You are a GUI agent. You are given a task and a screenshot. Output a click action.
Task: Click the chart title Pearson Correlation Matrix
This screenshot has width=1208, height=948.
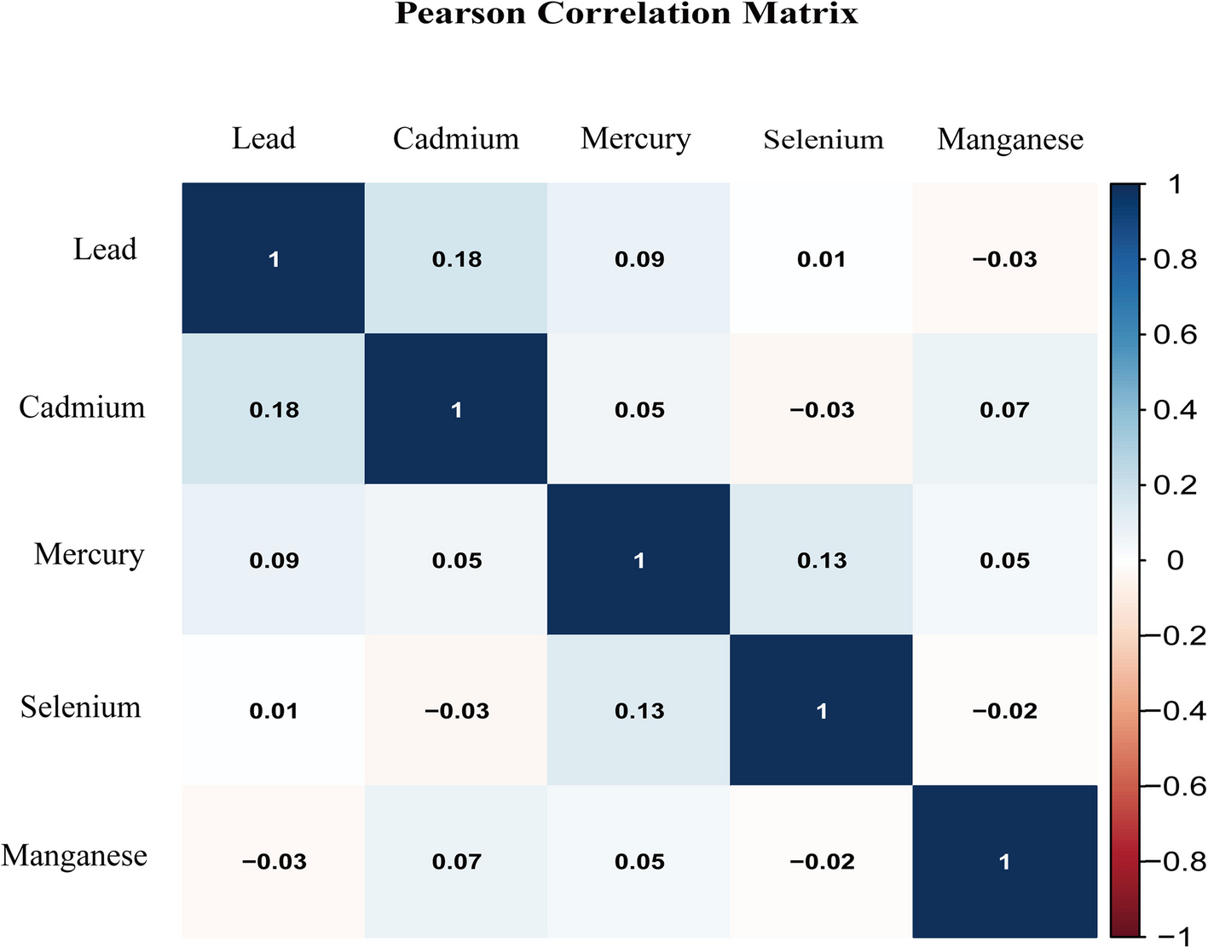pos(626,14)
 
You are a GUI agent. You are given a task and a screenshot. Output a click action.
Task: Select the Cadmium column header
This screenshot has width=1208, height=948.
pos(456,138)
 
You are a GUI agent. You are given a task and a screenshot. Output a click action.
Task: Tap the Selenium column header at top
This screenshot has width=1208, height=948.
pos(824,139)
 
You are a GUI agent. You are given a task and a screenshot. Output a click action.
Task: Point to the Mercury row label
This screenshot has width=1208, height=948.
pos(89,555)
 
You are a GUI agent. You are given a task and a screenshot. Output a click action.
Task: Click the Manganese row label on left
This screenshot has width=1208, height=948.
pos(74,855)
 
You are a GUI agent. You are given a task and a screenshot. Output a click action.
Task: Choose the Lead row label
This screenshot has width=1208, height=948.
pos(105,249)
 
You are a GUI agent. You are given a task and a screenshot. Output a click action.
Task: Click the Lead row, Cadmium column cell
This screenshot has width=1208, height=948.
pos(456,258)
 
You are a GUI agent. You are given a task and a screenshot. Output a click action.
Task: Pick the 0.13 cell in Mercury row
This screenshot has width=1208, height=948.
pos(821,559)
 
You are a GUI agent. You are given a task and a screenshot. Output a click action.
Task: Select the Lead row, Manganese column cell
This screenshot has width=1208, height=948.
pos(1005,258)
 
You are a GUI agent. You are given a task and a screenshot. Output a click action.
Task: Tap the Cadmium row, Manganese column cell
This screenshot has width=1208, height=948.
pos(1005,409)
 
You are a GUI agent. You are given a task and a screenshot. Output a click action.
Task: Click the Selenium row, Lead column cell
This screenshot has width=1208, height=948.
pos(274,710)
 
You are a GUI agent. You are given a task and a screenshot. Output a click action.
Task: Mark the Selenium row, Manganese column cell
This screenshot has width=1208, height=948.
pos(1005,710)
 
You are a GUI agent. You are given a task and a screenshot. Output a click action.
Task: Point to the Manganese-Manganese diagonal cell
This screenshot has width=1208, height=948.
pos(1005,861)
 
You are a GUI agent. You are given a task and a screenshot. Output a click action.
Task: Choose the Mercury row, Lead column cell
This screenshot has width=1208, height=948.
pos(274,559)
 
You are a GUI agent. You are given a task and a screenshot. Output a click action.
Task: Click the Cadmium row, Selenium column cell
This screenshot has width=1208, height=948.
pos(821,409)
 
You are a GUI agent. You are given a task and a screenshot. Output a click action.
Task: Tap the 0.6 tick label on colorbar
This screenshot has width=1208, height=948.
pos(1175,334)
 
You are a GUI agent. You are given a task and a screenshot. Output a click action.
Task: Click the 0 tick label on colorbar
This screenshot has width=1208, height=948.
pos(1176,560)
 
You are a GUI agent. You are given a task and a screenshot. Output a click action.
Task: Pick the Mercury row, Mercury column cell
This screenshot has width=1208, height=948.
pos(639,559)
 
